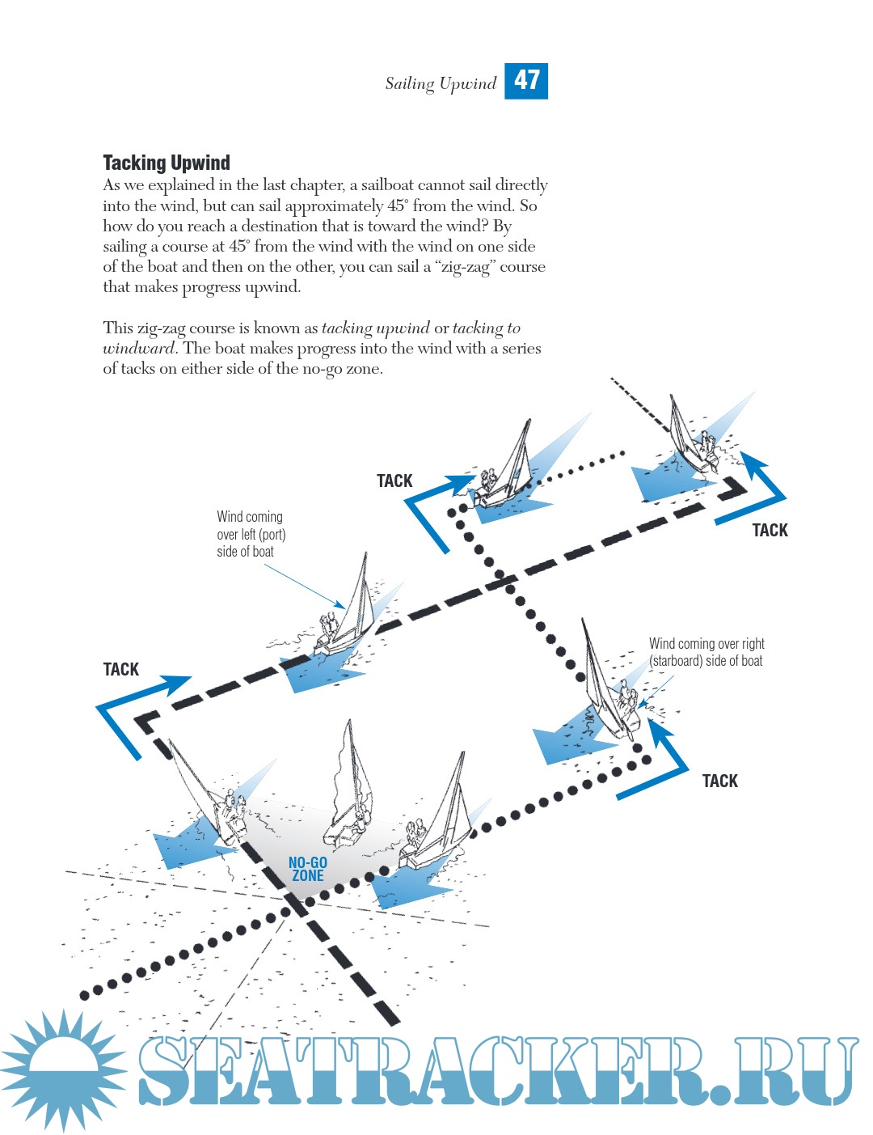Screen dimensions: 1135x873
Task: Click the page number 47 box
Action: [526, 81]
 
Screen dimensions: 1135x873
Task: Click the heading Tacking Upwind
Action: [167, 163]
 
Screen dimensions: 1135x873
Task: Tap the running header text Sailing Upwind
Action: [441, 83]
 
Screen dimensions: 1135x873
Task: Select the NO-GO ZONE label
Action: [308, 869]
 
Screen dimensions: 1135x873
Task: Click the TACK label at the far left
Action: [121, 669]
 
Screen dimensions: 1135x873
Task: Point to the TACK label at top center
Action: [394, 481]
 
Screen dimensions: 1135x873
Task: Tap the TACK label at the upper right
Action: [770, 530]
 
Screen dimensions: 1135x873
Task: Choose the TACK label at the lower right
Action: [719, 781]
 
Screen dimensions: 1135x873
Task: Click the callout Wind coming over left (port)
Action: [251, 534]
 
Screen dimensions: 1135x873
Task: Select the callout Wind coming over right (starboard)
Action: [706, 652]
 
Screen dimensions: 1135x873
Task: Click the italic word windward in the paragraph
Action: [138, 349]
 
